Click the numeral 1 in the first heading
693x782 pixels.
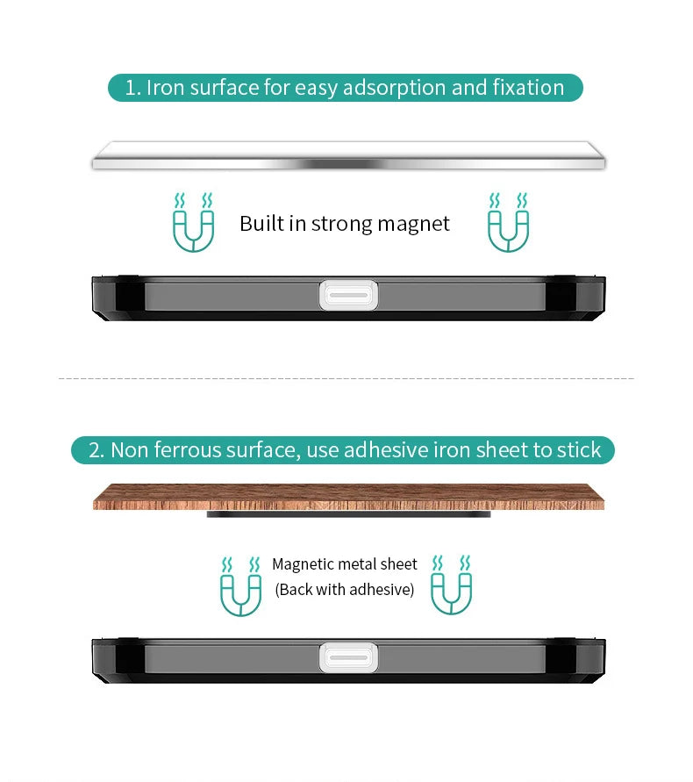pos(130,88)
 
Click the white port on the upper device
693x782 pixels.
pos(348,294)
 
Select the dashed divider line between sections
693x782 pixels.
pos(346,378)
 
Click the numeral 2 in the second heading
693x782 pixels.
pos(95,450)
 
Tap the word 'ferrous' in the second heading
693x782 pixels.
pos(189,450)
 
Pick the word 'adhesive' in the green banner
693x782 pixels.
pos(385,450)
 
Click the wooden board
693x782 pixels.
pos(348,497)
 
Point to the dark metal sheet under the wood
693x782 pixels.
pos(348,514)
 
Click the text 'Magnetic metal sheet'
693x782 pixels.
pos(345,564)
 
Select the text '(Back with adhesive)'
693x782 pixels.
pos(345,590)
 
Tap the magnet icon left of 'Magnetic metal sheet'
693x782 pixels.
pos(240,585)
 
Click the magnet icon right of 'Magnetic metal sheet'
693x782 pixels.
pos(451,585)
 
